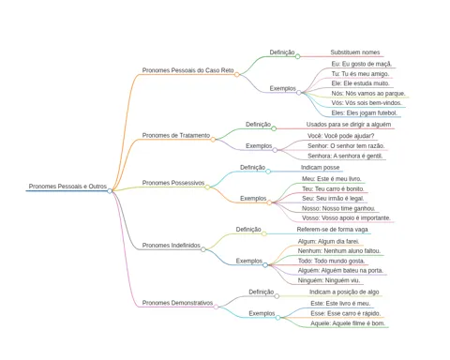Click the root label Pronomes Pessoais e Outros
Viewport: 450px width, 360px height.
(67, 187)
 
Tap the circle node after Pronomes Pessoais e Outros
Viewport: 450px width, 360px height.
(110, 191)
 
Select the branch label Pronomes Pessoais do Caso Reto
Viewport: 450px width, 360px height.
(187, 70)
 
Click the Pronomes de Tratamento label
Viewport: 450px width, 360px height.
(176, 135)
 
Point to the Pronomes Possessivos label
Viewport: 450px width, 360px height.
(173, 183)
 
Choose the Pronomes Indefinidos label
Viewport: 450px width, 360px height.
(171, 246)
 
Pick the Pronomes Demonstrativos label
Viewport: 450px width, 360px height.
(177, 303)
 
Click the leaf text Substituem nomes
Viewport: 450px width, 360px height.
(355, 52)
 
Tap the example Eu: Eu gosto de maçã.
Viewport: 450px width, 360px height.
(362, 64)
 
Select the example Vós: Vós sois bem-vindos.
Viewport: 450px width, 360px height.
(367, 103)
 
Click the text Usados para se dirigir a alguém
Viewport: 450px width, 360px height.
(349, 125)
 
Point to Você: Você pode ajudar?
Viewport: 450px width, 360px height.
(340, 136)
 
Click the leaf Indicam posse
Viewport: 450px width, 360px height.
(320, 168)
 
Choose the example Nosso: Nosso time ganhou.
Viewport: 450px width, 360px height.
(338, 208)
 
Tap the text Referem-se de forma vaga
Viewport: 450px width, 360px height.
(332, 230)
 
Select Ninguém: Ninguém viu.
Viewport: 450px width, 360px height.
(329, 280)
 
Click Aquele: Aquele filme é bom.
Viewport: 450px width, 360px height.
(348, 323)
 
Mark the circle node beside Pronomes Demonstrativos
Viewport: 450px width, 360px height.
(216, 307)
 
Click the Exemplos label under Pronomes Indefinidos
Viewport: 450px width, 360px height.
(249, 261)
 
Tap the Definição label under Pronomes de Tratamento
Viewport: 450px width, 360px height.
(258, 125)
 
